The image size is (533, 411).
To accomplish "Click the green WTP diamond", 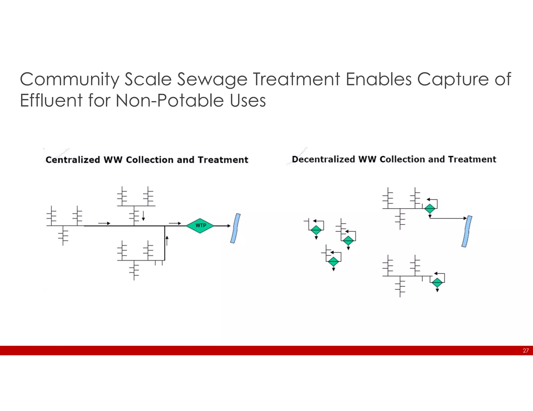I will pos(200,226).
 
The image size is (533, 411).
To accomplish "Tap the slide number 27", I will pos(525,351).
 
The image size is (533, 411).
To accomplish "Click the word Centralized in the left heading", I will pos(73,160).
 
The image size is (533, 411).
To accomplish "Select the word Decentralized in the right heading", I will pos(323,159).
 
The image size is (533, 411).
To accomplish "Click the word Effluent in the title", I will pos(51,101).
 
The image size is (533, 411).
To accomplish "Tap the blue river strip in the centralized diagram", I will pos(235,228).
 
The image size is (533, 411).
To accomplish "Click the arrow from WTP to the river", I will pos(223,226).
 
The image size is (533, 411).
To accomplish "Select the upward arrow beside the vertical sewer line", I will pos(167,241).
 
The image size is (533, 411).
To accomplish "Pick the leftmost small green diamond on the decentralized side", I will pos(316,230).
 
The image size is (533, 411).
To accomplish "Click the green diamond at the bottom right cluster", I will pos(437,282).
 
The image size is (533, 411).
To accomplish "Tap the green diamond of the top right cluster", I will pos(430,208).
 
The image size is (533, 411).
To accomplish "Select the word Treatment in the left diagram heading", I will pos(223,160).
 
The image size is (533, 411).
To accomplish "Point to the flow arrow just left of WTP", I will pos(175,223).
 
